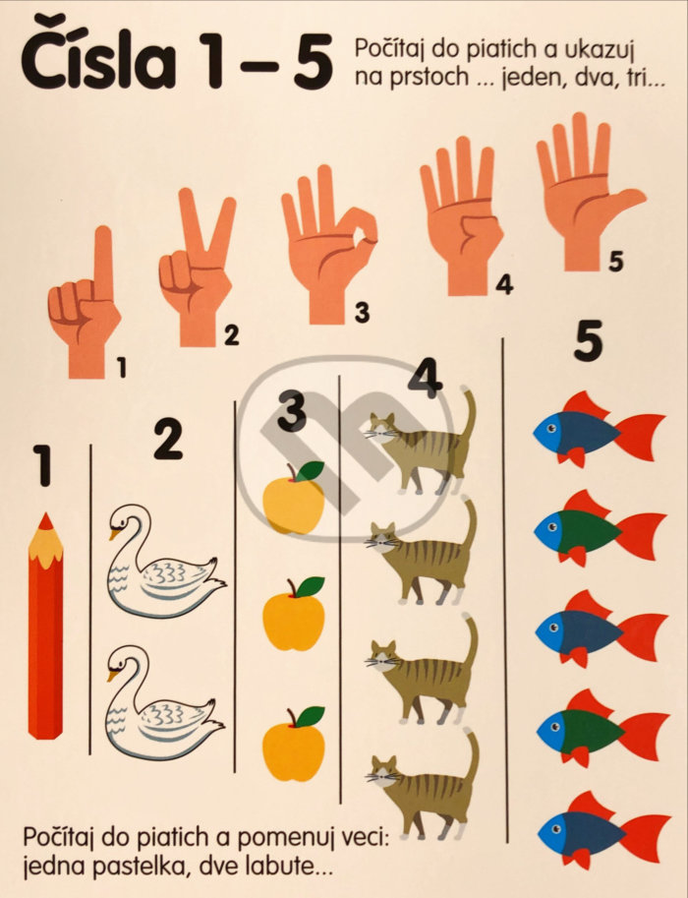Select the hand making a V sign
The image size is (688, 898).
click(x=197, y=268)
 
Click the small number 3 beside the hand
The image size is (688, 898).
click(x=362, y=313)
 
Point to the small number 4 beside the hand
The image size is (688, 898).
click(x=503, y=284)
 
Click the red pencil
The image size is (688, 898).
click(x=46, y=626)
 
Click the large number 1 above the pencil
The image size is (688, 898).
click(x=43, y=465)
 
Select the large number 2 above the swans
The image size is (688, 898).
click(x=168, y=440)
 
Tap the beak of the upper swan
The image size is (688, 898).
click(x=115, y=534)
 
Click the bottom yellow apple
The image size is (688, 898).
click(x=294, y=744)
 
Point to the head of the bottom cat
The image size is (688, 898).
click(x=382, y=771)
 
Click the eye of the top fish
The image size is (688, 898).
click(x=550, y=427)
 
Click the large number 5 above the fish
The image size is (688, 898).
click(x=589, y=340)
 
